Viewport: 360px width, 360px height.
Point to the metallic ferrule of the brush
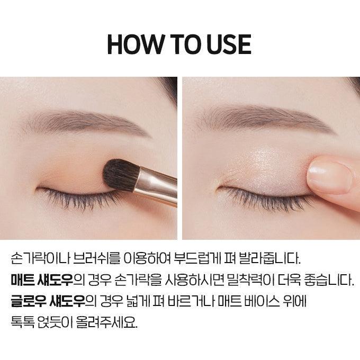pos(156,186)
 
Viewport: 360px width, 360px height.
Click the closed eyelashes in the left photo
pos(78,197)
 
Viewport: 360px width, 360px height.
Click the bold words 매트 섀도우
pos(42,280)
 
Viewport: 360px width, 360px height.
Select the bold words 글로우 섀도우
pos(48,301)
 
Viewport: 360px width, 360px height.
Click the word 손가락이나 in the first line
pos(40,259)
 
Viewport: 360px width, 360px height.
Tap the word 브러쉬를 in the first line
pos(97,259)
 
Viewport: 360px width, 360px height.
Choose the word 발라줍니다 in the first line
pos(270,259)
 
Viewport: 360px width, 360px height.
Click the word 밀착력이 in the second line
pos(250,280)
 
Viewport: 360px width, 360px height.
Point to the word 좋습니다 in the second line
pos(329,280)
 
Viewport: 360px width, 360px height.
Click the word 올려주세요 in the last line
pos(106,322)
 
